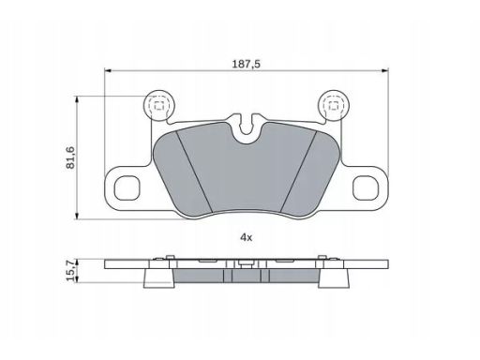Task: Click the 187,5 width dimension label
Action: [x=246, y=64]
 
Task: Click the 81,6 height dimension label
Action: [x=70, y=157]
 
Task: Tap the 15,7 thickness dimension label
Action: [x=70, y=271]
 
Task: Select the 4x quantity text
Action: [x=246, y=237]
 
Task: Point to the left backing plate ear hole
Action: [x=127, y=187]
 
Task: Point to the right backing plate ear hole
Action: [x=366, y=187]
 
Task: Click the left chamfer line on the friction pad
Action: [x=194, y=171]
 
